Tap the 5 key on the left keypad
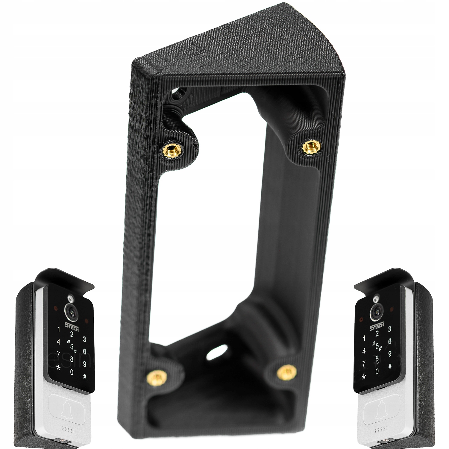[x=72, y=346]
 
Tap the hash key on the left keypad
[x=85, y=377]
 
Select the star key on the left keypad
[x=59, y=367]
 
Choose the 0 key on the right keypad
[x=377, y=371]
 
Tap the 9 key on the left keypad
[x=85, y=364]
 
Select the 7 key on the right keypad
[x=364, y=363]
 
